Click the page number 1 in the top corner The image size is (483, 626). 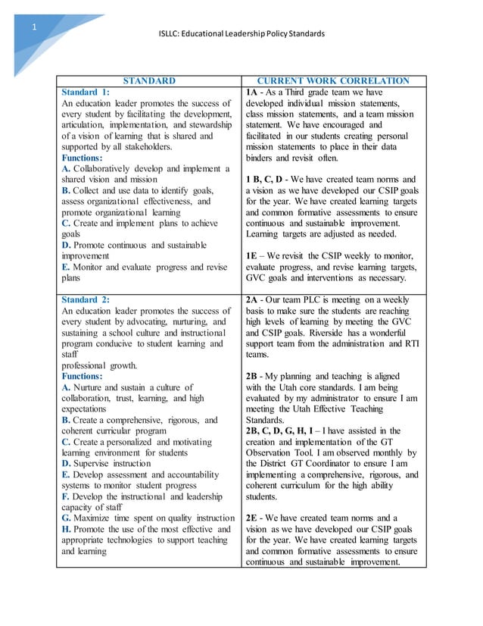pyautogui.click(x=33, y=28)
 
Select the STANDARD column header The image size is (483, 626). pyautogui.click(x=149, y=80)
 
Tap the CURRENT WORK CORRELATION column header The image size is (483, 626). pyautogui.click(x=333, y=80)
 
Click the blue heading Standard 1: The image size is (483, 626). pyautogui.click(x=85, y=92)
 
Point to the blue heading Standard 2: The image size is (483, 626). pyautogui.click(x=85, y=299)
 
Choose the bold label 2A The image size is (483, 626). pyautogui.click(x=254, y=299)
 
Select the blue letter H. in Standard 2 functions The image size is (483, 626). pyautogui.click(x=67, y=529)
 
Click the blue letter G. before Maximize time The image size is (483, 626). pyautogui.click(x=67, y=518)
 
